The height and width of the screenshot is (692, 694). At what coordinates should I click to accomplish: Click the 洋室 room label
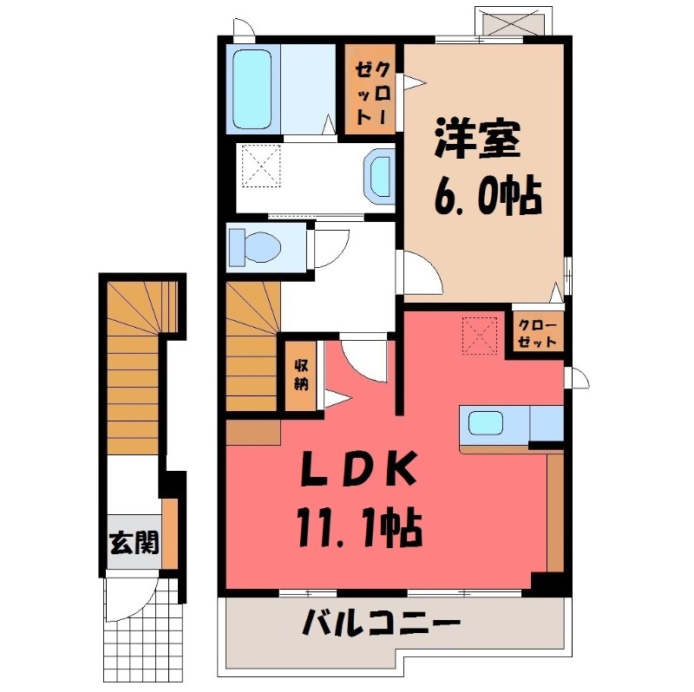point(476,140)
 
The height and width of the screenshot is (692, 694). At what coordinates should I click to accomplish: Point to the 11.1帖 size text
point(357,526)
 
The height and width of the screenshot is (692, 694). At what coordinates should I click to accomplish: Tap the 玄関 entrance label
point(133,543)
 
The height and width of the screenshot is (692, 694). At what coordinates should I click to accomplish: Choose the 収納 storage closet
point(301,374)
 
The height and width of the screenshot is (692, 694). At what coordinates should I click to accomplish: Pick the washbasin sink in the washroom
point(380,177)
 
